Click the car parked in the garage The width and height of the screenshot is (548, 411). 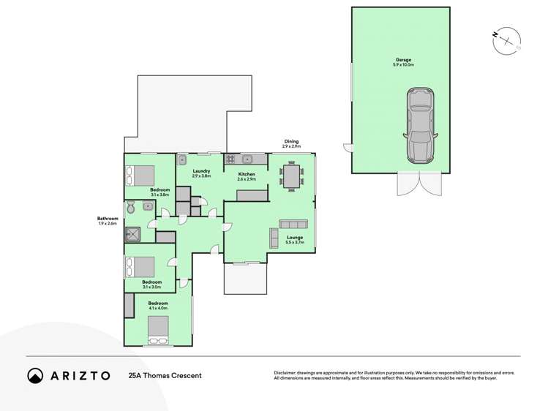tap(420, 125)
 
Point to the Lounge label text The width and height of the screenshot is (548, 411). tap(294, 237)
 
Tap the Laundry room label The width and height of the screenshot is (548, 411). tap(201, 171)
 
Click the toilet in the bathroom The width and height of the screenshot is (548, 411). tap(131, 208)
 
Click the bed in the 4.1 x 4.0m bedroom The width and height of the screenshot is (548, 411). tap(159, 338)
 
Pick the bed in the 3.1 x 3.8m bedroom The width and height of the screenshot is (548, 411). tap(140, 176)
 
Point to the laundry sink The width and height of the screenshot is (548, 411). tap(183, 159)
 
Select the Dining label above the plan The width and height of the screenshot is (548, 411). tap(291, 142)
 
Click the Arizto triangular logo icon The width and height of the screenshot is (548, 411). tap(35, 375)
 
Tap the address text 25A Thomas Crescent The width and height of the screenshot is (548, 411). tap(165, 375)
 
